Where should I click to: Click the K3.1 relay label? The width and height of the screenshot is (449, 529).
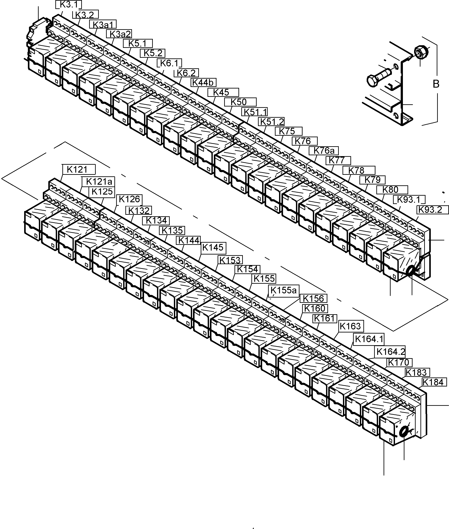click(69, 5)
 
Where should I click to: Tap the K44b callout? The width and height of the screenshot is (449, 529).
click(203, 83)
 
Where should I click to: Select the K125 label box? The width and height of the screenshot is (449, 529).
click(102, 192)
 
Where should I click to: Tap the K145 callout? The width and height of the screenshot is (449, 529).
click(213, 247)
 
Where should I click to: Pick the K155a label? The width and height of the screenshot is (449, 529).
click(284, 290)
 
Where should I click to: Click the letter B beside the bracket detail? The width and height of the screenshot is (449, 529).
click(436, 84)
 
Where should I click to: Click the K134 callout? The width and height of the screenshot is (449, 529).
click(156, 220)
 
